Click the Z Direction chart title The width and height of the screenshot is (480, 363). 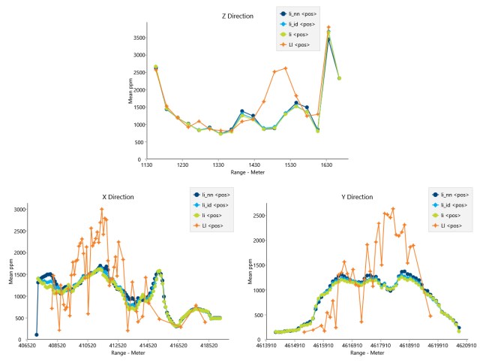tap(239, 16)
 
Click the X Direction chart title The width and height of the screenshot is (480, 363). tap(118, 197)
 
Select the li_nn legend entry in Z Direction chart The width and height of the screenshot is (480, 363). tap(298, 14)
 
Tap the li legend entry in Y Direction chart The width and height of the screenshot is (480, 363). tap(451, 215)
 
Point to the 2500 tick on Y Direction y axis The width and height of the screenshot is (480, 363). tap(263, 216)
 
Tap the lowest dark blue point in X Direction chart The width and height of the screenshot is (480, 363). tap(36, 334)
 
